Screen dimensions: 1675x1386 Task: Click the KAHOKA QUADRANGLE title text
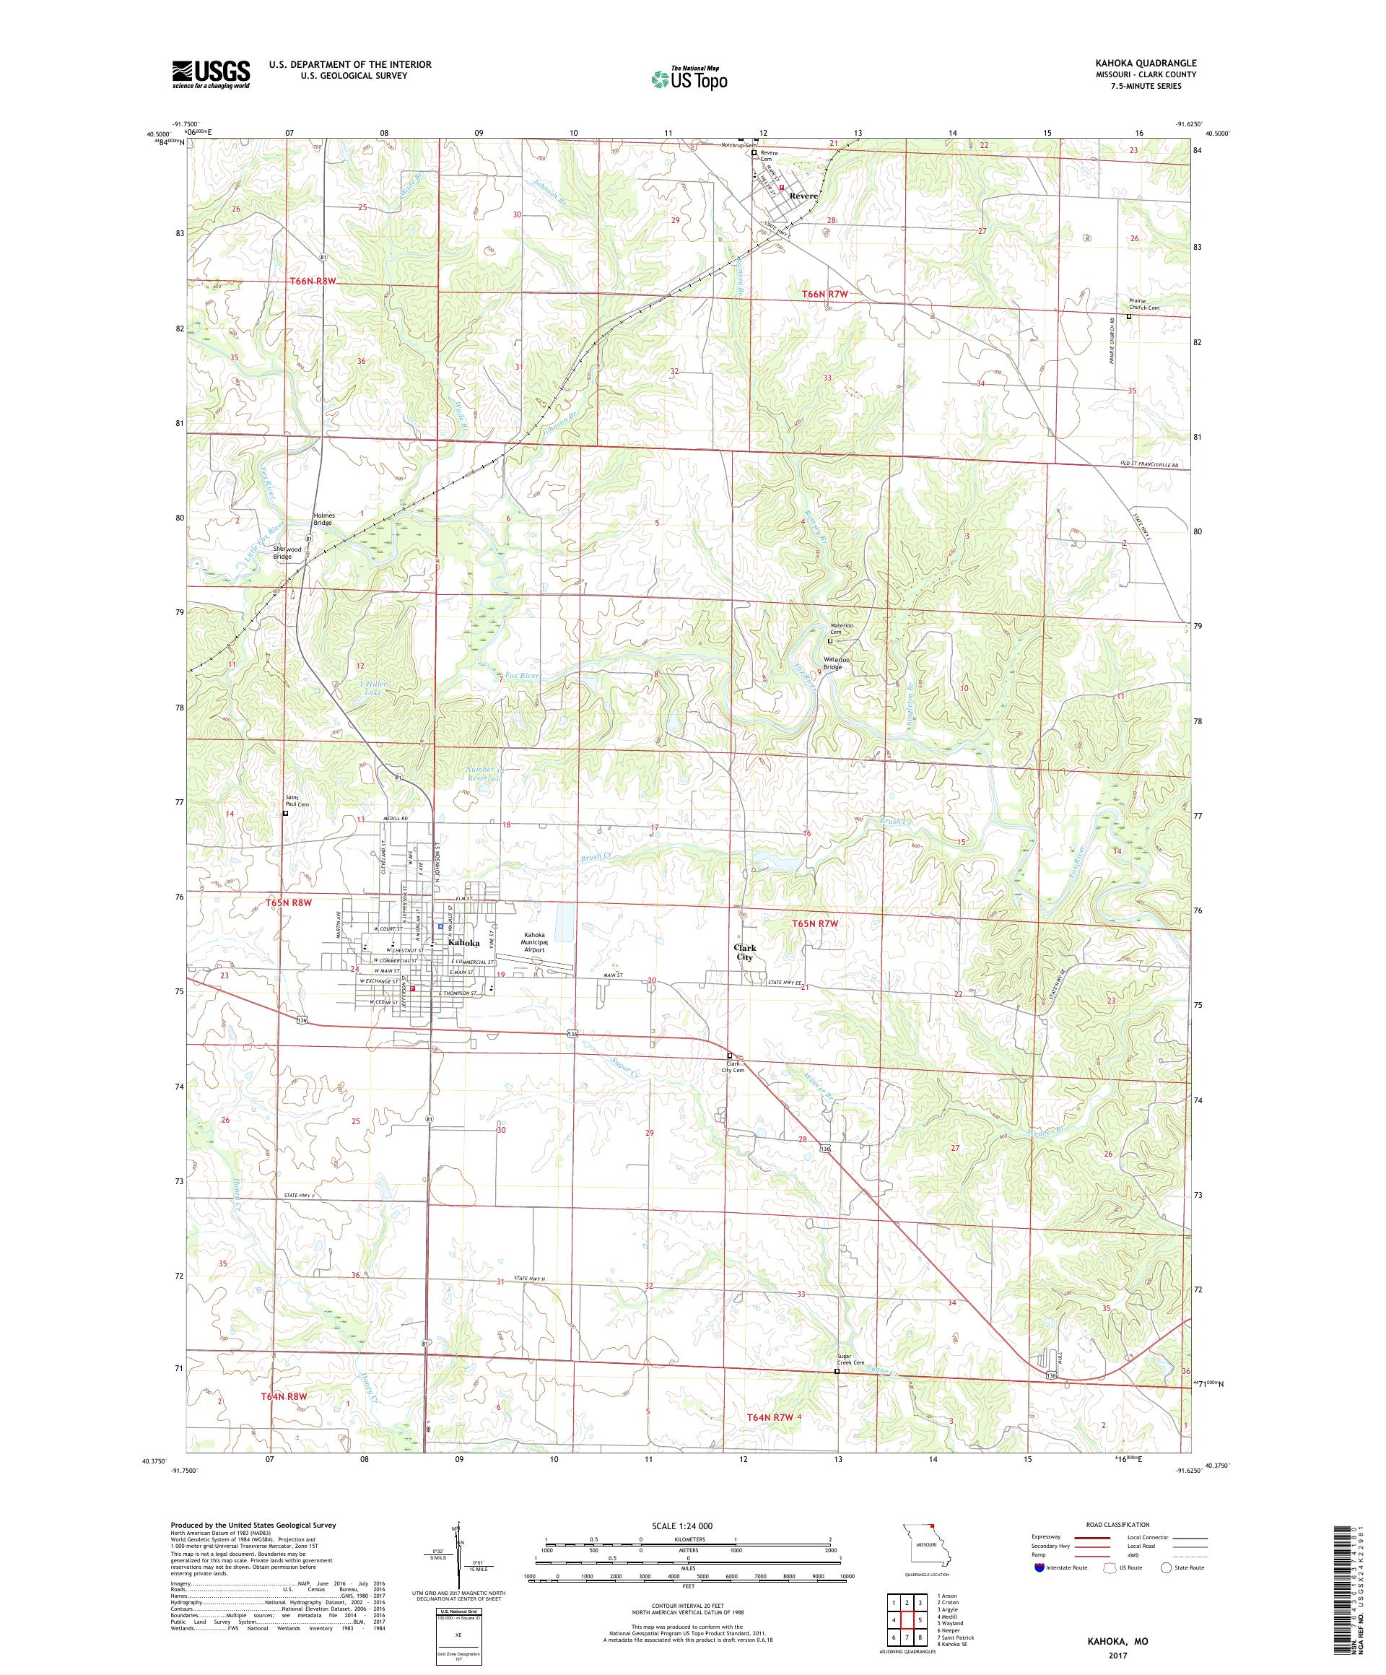pos(1149,63)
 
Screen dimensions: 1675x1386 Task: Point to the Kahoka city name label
pos(465,942)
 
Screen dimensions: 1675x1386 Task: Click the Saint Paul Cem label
pos(297,801)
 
